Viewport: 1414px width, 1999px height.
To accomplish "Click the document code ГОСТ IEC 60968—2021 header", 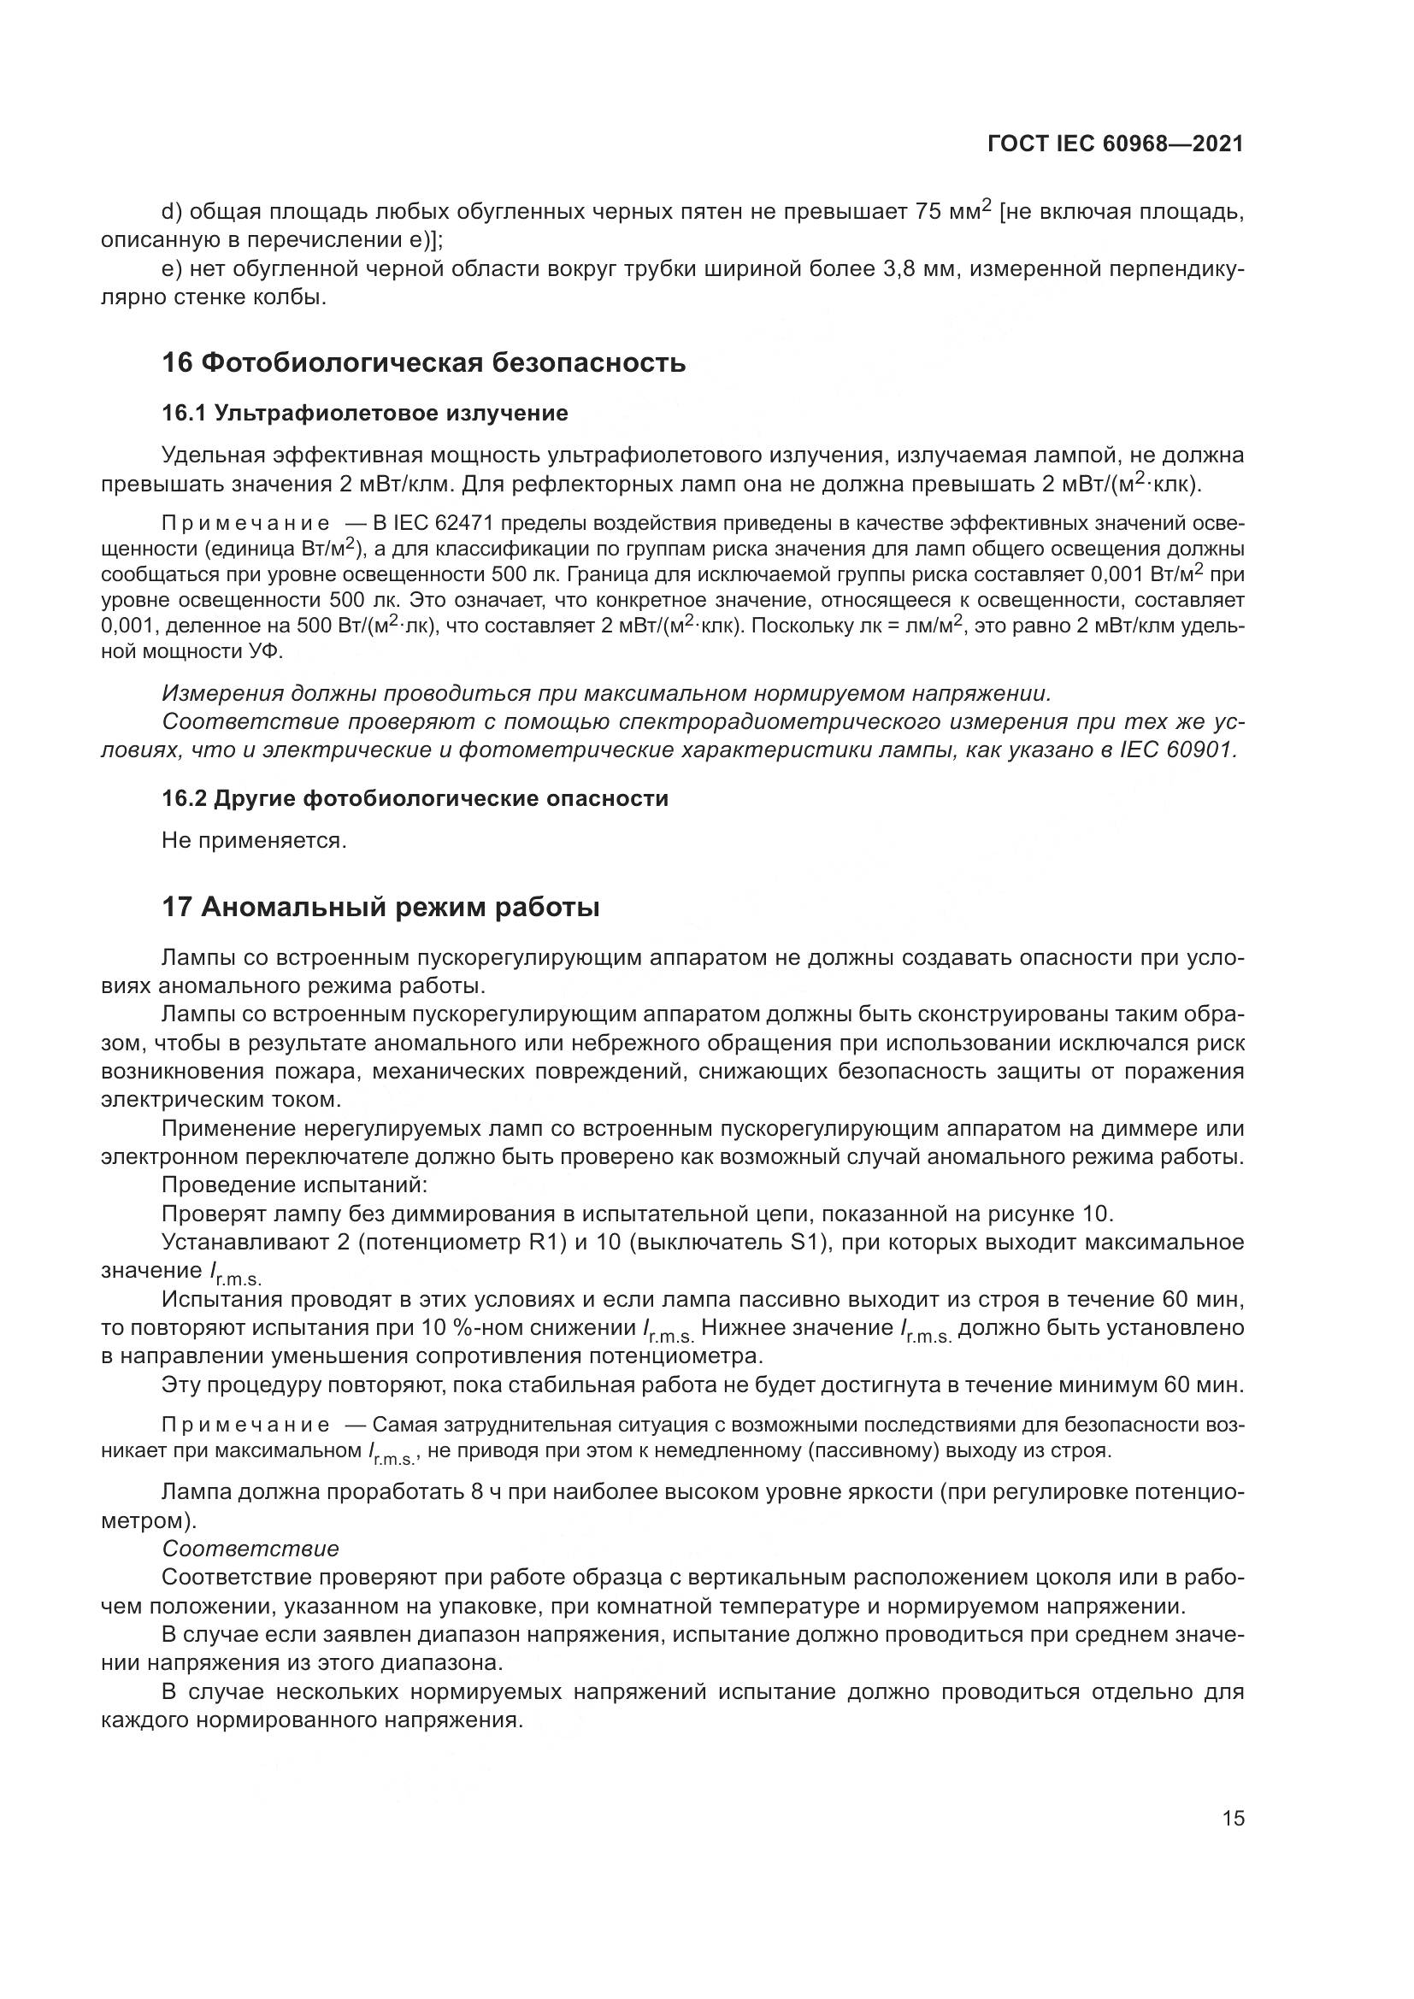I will tap(1116, 144).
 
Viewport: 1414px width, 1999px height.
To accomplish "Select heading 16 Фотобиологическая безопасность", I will tap(423, 362).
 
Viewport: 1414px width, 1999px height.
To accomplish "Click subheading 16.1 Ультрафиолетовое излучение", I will tap(365, 413).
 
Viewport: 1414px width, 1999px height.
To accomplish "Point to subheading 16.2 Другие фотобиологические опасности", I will tap(415, 798).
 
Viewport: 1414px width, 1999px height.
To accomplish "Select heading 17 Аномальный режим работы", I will tap(380, 908).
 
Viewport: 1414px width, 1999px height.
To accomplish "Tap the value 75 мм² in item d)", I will tap(952, 212).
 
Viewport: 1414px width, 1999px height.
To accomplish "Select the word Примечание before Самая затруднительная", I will tap(245, 1426).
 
